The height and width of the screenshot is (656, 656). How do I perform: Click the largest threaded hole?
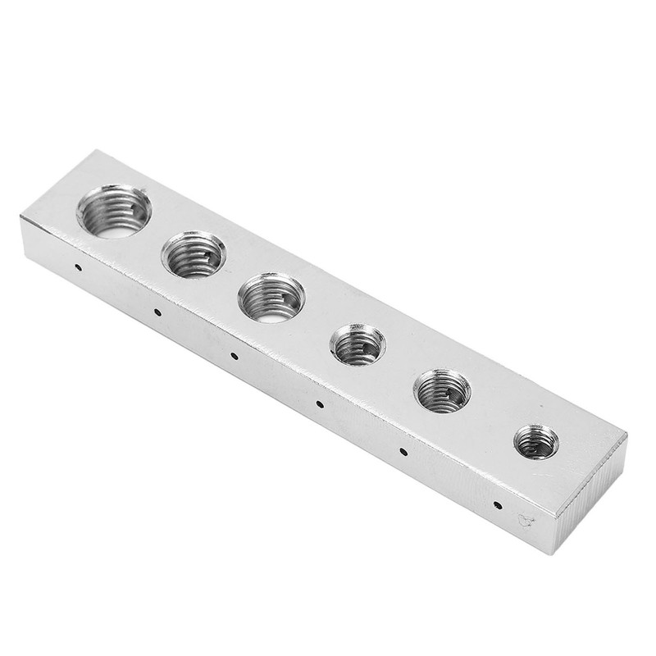point(114,211)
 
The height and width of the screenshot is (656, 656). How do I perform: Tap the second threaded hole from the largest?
point(194,254)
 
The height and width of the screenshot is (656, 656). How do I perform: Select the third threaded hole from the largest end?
point(271,298)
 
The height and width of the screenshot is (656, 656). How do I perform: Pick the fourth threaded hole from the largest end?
point(358,344)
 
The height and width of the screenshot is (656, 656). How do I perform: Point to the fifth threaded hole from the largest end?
point(443,390)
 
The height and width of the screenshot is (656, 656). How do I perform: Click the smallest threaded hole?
point(536,442)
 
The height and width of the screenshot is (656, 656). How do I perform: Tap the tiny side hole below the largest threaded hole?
point(76,267)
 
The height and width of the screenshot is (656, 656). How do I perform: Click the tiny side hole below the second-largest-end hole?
point(156,312)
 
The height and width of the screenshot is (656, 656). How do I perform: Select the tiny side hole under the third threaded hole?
point(234,356)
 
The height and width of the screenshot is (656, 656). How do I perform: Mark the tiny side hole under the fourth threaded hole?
point(320,403)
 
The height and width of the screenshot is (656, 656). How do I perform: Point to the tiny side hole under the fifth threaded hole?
point(403,451)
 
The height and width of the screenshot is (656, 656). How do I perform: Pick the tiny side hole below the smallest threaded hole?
point(497,504)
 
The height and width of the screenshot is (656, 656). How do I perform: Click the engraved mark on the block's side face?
point(526,519)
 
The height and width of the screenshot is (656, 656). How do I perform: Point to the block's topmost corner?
point(97,152)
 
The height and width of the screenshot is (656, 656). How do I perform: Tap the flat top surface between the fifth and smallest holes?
point(492,418)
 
